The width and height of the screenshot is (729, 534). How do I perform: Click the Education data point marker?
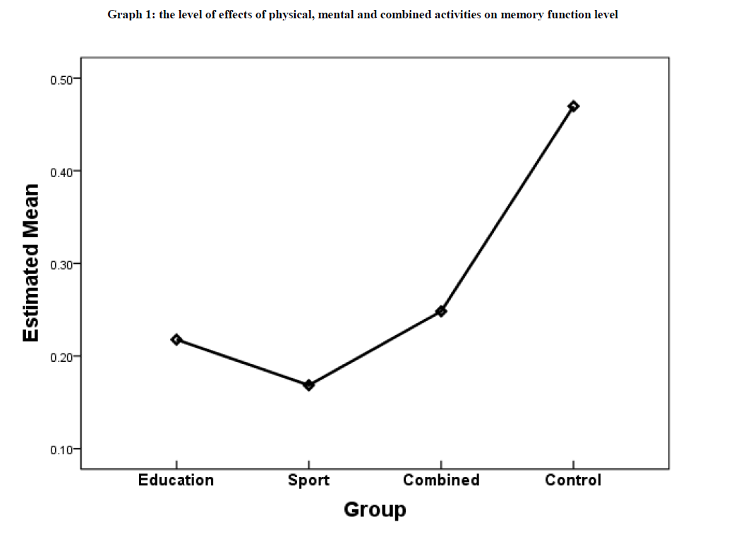tap(176, 339)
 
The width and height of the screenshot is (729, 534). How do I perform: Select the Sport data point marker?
tap(308, 385)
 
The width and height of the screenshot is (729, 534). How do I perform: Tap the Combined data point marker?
tap(441, 311)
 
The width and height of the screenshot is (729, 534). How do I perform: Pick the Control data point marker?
tap(573, 106)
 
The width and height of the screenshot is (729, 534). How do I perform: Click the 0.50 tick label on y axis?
tap(63, 79)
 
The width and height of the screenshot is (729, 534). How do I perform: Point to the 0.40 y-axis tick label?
tap(63, 171)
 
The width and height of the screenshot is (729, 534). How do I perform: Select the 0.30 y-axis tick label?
tap(63, 264)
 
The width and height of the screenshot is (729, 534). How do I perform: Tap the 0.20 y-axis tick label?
tap(63, 356)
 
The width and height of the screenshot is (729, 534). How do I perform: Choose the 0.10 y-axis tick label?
tap(63, 449)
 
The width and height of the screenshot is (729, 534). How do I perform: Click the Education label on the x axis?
tap(176, 480)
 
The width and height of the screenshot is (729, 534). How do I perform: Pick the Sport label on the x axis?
tap(308, 480)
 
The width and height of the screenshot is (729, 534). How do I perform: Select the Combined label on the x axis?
tap(441, 480)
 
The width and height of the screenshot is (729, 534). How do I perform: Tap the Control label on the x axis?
tap(573, 480)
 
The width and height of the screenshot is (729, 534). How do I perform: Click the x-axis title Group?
tap(375, 509)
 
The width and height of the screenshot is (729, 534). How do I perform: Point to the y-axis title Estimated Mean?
tap(30, 263)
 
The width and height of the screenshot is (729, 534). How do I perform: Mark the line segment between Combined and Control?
tap(507, 209)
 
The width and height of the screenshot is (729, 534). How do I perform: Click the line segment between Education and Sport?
tap(243, 363)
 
